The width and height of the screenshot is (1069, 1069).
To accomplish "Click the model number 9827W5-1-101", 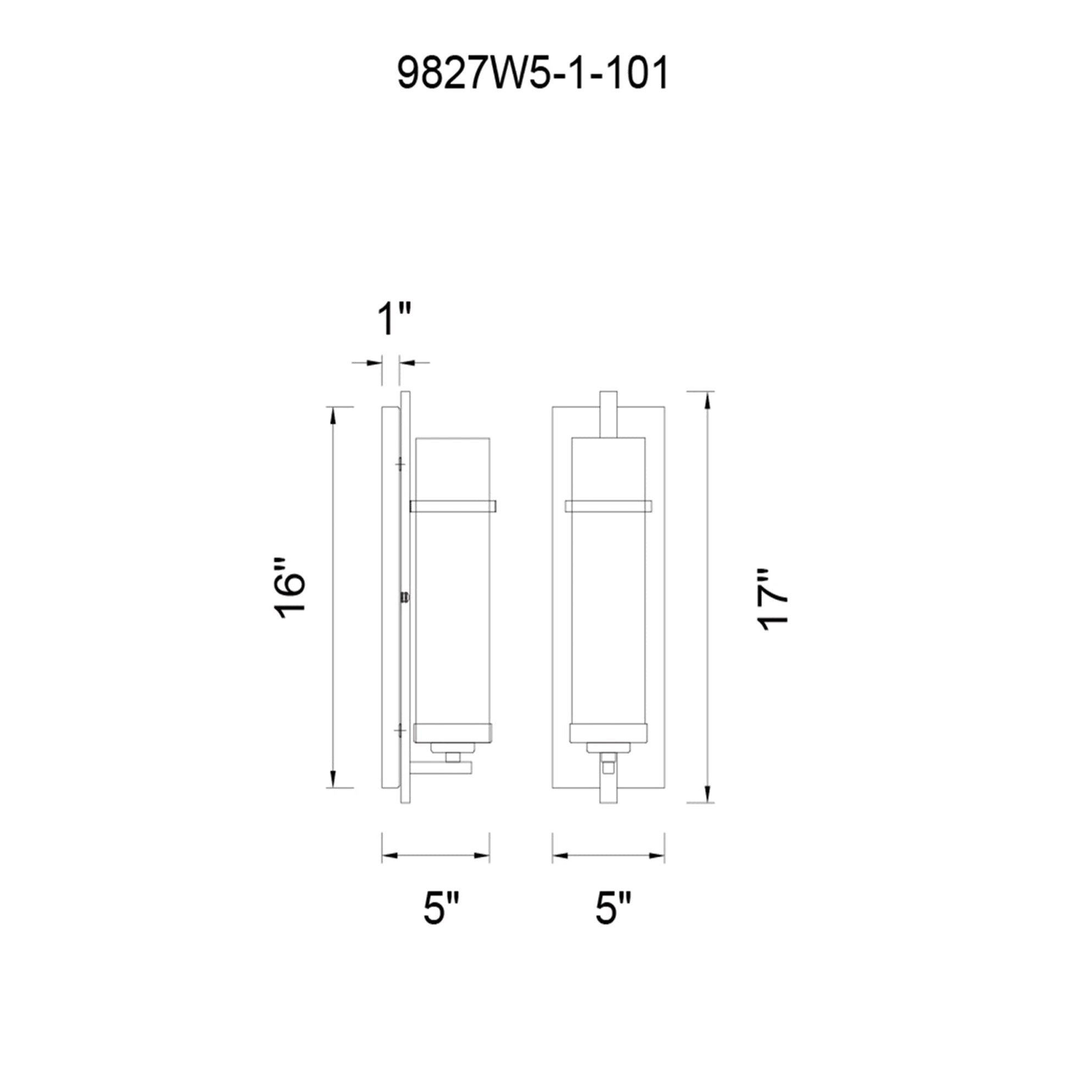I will tap(533, 74).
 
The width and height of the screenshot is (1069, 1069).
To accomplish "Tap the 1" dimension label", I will tap(394, 320).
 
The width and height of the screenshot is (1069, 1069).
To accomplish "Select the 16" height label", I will tap(290, 588).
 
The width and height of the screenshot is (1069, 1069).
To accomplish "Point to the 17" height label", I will tap(772, 599).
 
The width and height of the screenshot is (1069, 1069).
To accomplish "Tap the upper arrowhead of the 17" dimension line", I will tap(706, 399).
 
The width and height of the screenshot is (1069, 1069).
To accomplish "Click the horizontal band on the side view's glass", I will tap(453, 506).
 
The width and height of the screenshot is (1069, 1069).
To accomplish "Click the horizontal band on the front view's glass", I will tap(608, 506).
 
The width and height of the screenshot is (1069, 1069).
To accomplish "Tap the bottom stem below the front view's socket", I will tap(608, 788).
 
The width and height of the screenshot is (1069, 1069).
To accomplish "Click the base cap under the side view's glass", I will tap(453, 733).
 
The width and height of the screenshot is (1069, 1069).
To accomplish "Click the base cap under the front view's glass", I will tap(608, 733).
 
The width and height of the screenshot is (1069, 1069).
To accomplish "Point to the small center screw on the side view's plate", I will tap(405, 598).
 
